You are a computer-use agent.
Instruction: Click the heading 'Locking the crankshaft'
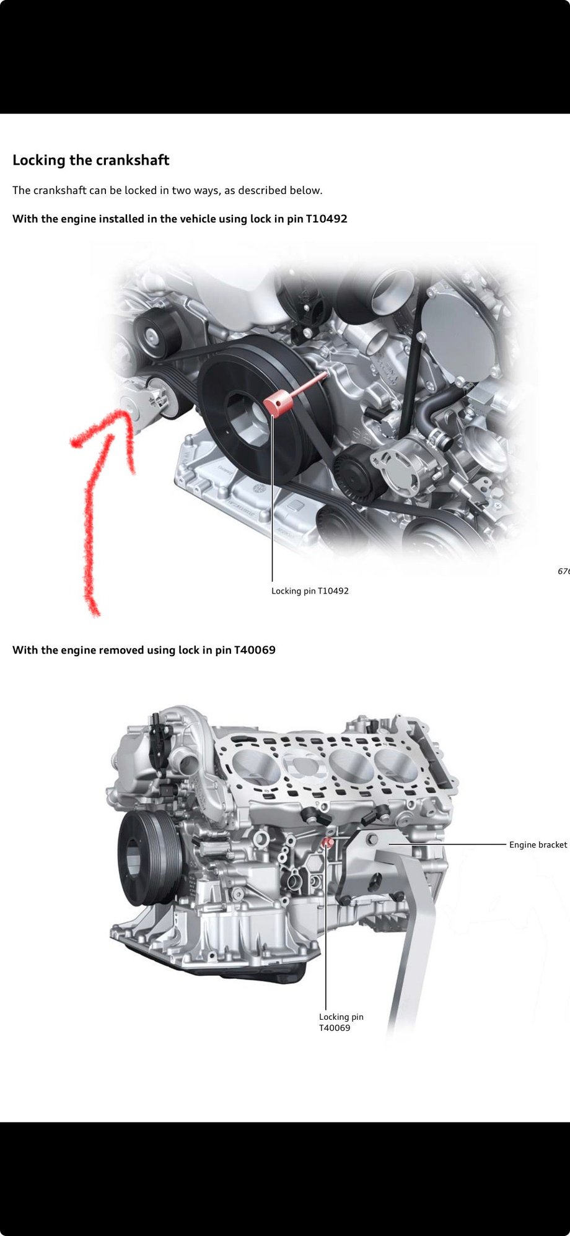point(90,160)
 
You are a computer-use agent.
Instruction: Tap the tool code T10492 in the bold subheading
point(327,219)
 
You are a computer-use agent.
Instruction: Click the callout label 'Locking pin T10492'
point(310,591)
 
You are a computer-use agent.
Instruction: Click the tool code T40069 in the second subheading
point(255,650)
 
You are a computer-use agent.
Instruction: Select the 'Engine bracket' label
point(538,844)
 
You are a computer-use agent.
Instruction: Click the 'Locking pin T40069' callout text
point(340,1022)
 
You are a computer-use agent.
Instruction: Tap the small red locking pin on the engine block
point(327,842)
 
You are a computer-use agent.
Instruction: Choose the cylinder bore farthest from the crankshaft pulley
point(397,765)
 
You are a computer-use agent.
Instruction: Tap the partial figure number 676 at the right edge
point(563,571)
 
